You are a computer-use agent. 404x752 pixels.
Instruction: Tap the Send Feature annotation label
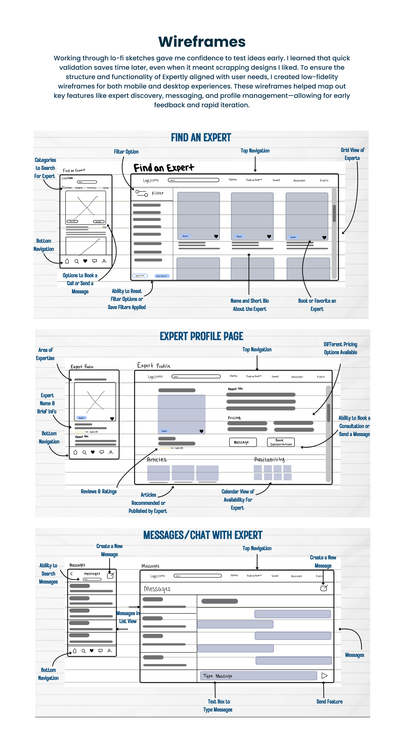coord(329,702)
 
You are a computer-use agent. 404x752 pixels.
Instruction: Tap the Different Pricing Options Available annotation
coord(340,348)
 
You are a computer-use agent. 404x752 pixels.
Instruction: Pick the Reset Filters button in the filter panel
coord(140,276)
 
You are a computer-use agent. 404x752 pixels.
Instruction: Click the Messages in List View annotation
coord(128,617)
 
